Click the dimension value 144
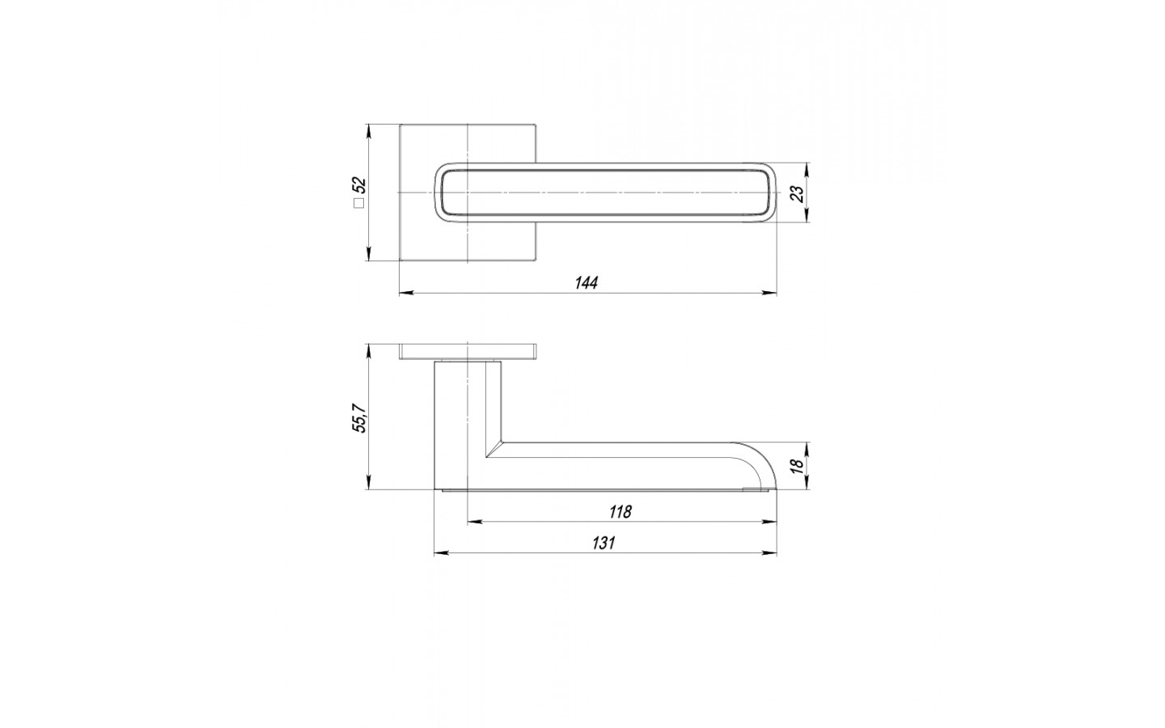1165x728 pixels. click(586, 283)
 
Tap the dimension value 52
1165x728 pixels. click(359, 186)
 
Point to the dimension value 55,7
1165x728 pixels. click(360, 417)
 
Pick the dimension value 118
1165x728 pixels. click(620, 512)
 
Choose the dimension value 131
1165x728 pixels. click(604, 543)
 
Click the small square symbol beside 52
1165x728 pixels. click(359, 203)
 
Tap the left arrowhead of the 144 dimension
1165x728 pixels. click(406, 294)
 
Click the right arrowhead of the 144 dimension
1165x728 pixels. click(769, 294)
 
